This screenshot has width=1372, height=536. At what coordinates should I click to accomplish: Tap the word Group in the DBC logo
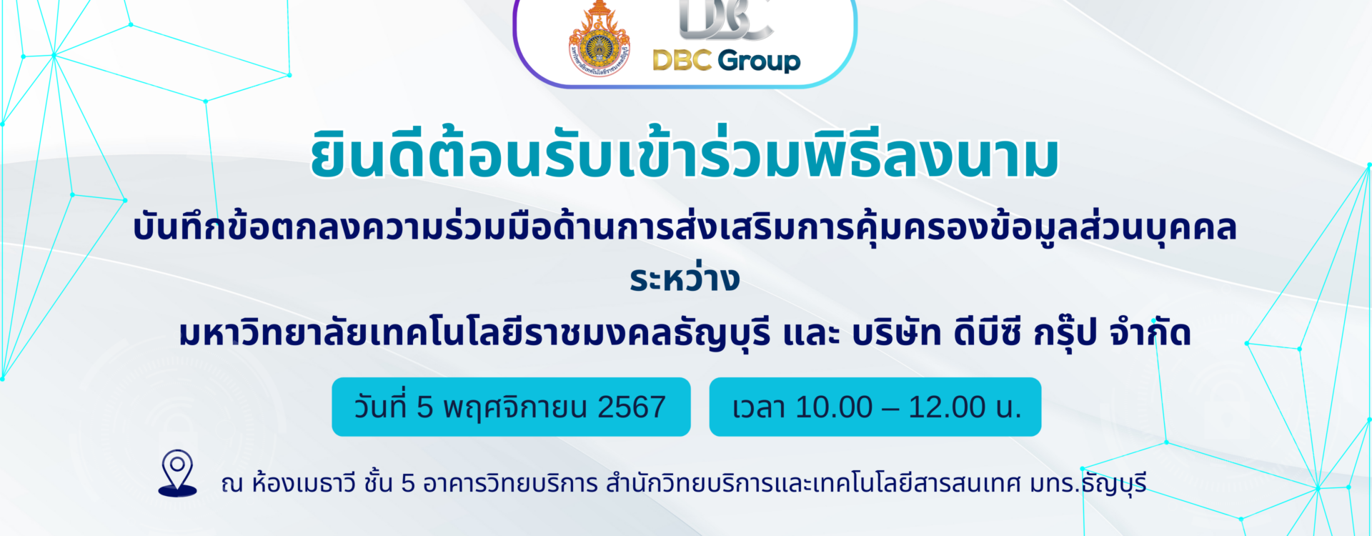[x=759, y=61]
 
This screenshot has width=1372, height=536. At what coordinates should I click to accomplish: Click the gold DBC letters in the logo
[x=682, y=60]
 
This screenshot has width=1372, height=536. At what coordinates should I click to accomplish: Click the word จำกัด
[x=1150, y=332]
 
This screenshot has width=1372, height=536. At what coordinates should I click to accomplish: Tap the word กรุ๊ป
[x=1065, y=333]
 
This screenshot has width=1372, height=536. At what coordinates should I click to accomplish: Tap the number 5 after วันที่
[x=425, y=407]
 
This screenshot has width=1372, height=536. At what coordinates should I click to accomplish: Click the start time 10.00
[x=834, y=407]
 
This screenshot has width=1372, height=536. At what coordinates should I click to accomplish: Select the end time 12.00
[x=948, y=407]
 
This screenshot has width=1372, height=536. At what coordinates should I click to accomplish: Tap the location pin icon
[x=177, y=472]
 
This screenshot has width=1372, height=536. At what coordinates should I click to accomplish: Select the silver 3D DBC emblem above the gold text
[x=725, y=20]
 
